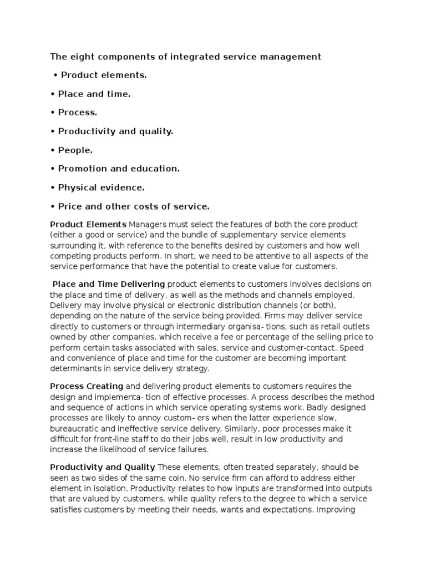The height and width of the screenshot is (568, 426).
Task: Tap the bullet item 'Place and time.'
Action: tap(95, 94)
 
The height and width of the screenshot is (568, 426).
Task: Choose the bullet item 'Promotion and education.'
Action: tap(119, 169)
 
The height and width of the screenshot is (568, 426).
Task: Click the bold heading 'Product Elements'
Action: tap(88, 224)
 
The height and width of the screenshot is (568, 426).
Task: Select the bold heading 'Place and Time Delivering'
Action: tap(109, 284)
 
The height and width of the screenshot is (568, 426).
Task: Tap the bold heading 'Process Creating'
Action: tap(87, 386)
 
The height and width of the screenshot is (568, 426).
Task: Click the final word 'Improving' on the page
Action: tap(339, 509)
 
